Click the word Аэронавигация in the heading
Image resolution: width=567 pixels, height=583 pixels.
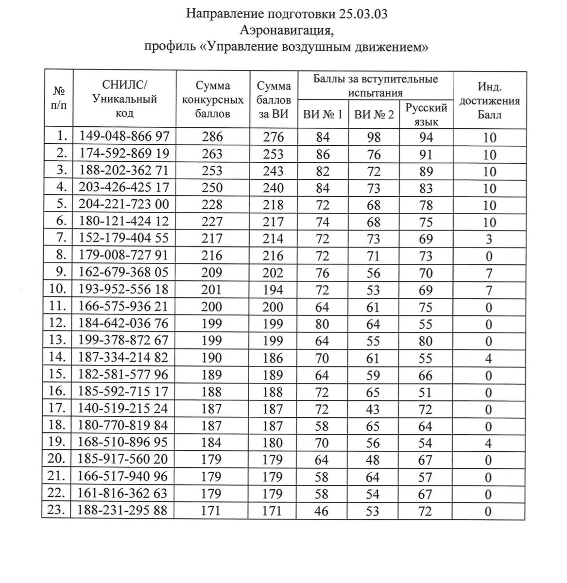pyautogui.click(x=286, y=31)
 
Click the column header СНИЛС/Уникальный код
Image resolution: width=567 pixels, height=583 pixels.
pyautogui.click(x=124, y=99)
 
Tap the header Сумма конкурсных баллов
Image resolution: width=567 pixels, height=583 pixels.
pyautogui.click(x=212, y=100)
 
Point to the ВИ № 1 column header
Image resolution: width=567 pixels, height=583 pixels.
pyautogui.click(x=323, y=115)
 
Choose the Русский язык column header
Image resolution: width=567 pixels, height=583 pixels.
pyautogui.click(x=426, y=115)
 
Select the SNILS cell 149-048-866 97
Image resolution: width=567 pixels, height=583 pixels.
pyautogui.click(x=124, y=137)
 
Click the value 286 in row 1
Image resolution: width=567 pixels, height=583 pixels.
pyautogui.click(x=212, y=137)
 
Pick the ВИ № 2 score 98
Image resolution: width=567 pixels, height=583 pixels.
pyautogui.click(x=374, y=137)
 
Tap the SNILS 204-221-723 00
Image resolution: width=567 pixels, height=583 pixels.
pyautogui.click(x=124, y=205)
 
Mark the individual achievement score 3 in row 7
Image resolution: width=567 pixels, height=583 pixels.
pyautogui.click(x=489, y=239)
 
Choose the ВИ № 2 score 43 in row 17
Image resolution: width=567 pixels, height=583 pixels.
pyautogui.click(x=373, y=409)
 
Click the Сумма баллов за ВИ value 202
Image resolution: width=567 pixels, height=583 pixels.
pyautogui.click(x=273, y=273)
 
